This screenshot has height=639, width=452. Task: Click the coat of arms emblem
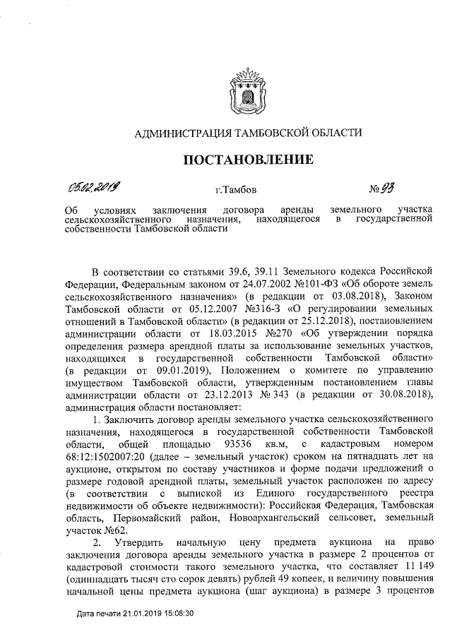coord(248,94)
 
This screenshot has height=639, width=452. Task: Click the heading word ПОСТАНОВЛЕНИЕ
coord(249,160)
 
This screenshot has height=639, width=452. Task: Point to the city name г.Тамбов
coord(236,190)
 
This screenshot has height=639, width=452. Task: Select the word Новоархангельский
coord(278,518)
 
